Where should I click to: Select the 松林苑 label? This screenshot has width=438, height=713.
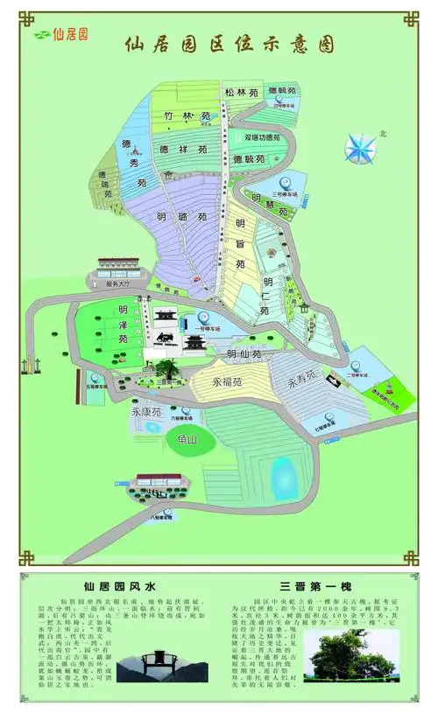241,92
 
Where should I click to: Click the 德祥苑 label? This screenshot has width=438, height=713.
183,150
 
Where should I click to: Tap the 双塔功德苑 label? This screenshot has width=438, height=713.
262,137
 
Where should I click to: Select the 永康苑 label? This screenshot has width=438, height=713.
146,410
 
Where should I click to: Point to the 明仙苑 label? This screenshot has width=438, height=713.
244,354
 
